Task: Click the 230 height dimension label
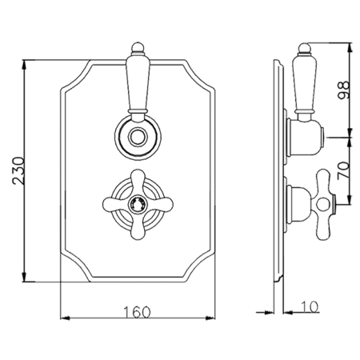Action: point(18,171)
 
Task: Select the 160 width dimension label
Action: point(137,312)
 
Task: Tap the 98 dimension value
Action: point(343,90)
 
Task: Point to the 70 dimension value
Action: point(343,170)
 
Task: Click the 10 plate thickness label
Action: point(310,307)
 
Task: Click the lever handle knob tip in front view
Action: point(138,47)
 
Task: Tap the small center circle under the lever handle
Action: point(138,137)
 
